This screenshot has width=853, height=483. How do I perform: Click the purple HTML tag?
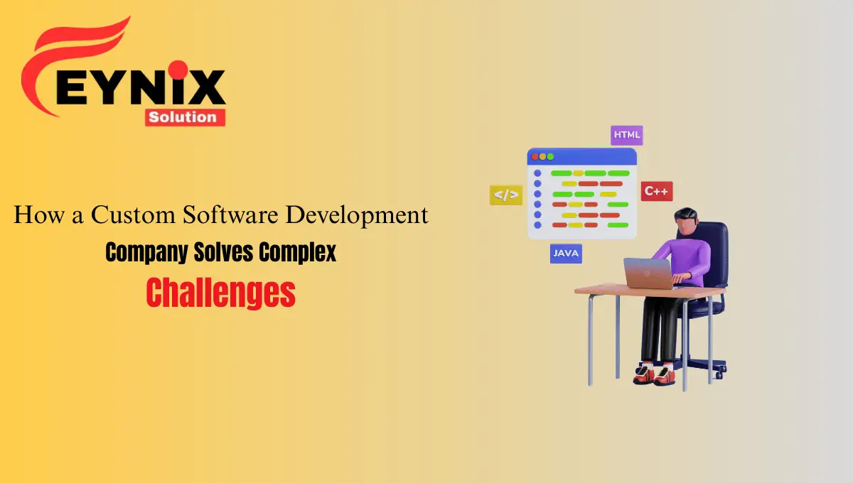tap(626, 135)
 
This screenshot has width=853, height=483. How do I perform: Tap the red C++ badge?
tap(657, 191)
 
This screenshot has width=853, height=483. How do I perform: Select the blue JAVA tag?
tap(566, 253)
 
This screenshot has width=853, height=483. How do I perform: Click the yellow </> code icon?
tap(505, 195)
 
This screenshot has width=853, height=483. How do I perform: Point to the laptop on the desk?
tap(648, 273)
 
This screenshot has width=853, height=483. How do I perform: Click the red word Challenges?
tap(220, 293)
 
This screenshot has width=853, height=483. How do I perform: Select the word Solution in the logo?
tap(185, 116)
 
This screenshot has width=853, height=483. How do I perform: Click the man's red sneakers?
tap(653, 374)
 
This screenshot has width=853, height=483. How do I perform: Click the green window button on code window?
tap(549, 156)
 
